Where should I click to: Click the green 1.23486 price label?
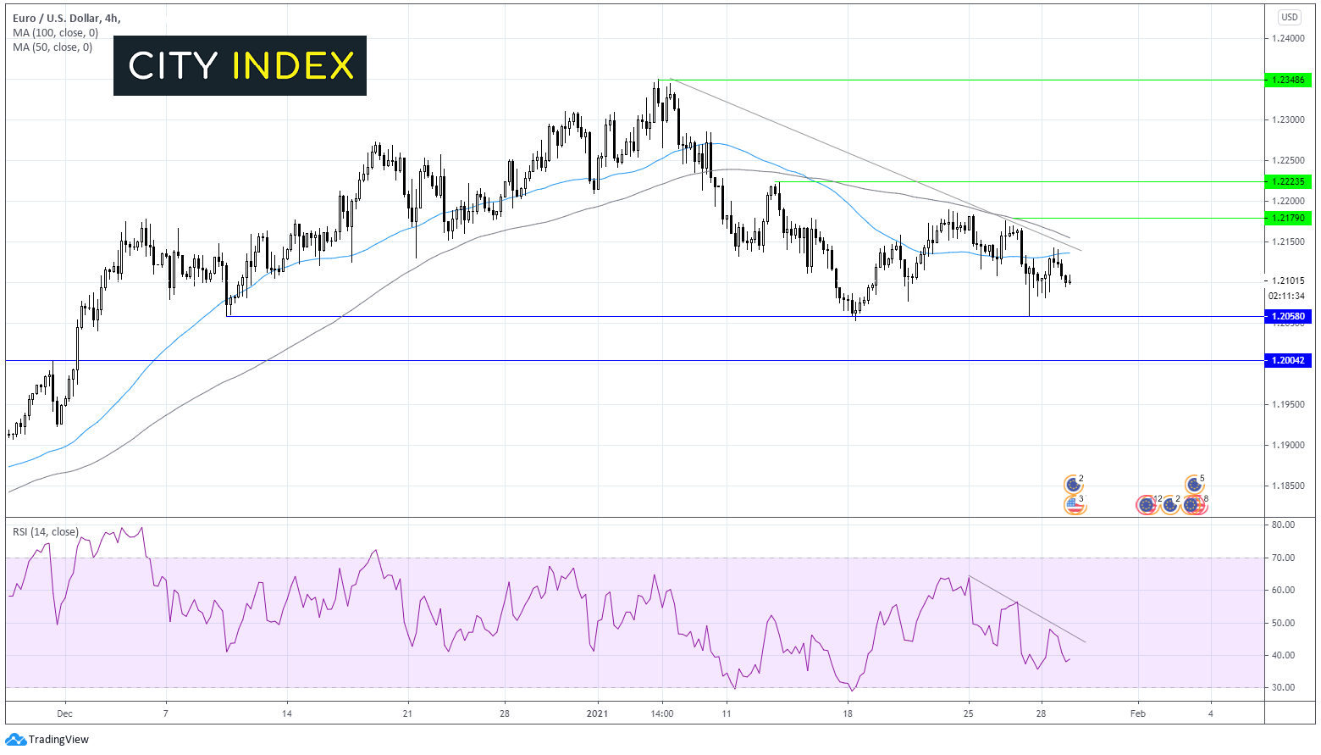(x=1288, y=80)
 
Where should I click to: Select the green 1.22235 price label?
(x=1288, y=181)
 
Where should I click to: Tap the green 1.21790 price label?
(x=1288, y=218)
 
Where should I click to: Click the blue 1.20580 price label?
(x=1288, y=316)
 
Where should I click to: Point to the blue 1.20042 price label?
(x=1288, y=360)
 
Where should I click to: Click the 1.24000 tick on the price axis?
(x=1287, y=38)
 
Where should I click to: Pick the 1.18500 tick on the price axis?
(x=1287, y=486)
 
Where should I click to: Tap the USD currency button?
(x=1289, y=17)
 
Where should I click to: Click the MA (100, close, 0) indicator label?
(x=55, y=33)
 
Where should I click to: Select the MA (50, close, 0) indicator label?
(x=53, y=47)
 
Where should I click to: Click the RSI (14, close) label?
(x=45, y=532)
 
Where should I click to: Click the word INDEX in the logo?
(x=292, y=65)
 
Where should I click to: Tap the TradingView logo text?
(x=58, y=740)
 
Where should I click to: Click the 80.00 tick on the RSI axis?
(x=1283, y=525)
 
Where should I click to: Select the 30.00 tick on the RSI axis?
(x=1283, y=687)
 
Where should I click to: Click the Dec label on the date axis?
(x=65, y=713)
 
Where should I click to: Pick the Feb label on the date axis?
(x=1137, y=713)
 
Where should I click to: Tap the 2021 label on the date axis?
(x=598, y=713)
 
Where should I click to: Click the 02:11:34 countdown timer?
(x=1286, y=296)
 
